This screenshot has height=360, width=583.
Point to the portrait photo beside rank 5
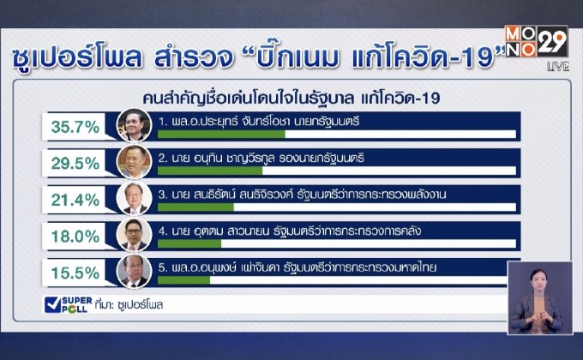[134, 271]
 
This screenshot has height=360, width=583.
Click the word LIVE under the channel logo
[557, 66]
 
